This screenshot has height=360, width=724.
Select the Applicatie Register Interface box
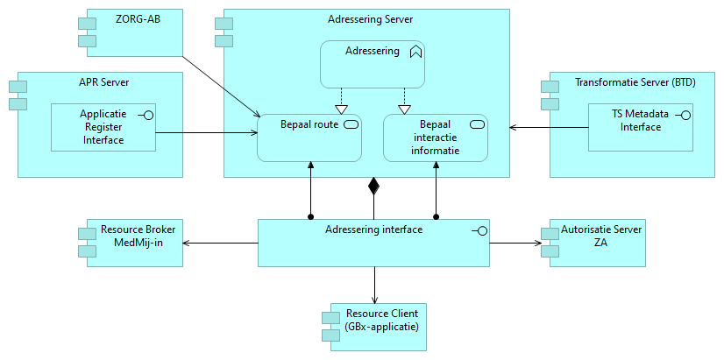(x=103, y=127)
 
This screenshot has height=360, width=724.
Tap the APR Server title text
(x=103, y=84)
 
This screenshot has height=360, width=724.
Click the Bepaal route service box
(x=309, y=138)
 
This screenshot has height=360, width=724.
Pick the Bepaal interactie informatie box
(x=436, y=138)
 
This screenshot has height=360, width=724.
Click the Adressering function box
(x=372, y=64)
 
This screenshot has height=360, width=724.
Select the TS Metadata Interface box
(x=641, y=127)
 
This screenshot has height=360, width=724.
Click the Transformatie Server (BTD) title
(x=635, y=82)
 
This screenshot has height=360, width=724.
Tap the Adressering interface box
(x=373, y=243)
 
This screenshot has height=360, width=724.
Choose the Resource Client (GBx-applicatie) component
(x=375, y=326)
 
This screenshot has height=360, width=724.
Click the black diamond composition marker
(x=373, y=185)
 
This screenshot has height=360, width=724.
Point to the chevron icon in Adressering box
(x=415, y=52)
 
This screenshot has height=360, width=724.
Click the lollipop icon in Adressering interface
(x=479, y=230)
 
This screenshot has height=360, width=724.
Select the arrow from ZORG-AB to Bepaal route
(x=219, y=85)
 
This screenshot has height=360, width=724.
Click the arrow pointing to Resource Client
(x=374, y=285)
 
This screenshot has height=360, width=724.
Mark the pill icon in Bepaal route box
(x=351, y=124)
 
